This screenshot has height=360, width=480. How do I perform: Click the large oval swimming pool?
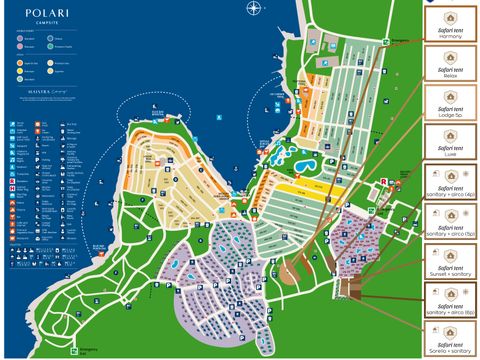(x=304, y=164)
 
